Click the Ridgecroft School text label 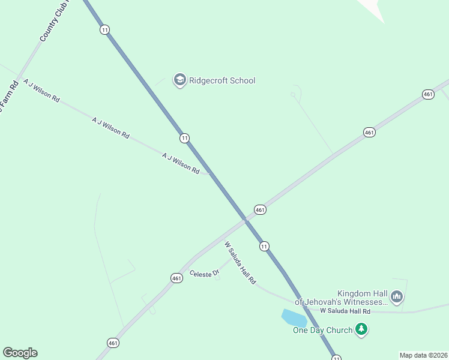tap(222, 80)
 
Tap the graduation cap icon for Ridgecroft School tap(179, 80)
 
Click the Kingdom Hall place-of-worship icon tap(396, 296)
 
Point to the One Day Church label tap(322, 329)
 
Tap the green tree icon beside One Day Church tap(361, 329)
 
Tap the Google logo tap(20, 353)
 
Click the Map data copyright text tap(424, 355)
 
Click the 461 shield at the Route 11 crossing tap(260, 209)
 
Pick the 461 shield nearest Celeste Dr tap(176, 278)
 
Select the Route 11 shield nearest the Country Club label tap(105, 29)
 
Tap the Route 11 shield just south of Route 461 tap(264, 245)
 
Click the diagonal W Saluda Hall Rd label tap(240, 263)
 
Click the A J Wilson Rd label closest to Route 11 tap(180, 163)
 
